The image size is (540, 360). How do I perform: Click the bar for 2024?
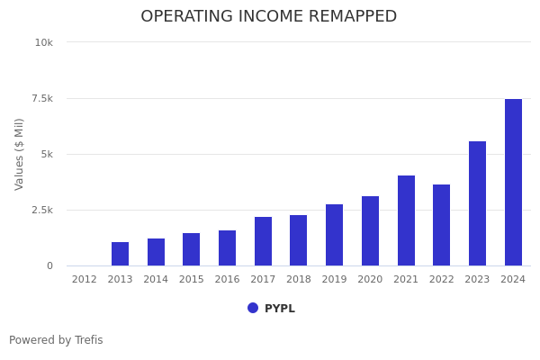coord(513,183)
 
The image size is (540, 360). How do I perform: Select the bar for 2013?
coord(120,254)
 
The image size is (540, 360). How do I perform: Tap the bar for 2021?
coord(406,220)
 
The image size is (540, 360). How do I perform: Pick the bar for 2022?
coord(441,225)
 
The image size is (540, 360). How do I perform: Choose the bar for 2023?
coord(477,203)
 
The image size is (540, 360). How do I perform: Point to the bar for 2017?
coord(263,241)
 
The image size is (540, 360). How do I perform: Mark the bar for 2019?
coord(334,235)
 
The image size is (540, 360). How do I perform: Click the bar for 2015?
coord(192,249)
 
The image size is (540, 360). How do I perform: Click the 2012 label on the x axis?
coord(85,280)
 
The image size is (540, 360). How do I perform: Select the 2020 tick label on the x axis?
coord(370,280)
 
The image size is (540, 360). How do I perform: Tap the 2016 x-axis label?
coord(227,280)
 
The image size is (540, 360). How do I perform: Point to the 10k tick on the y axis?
coord(44,42)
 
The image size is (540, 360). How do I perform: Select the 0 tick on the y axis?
coord(49,265)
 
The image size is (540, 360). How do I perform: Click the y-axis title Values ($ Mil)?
coord(20,154)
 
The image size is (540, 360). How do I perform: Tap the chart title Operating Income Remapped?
coord(268,17)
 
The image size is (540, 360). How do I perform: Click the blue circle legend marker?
coord(253,308)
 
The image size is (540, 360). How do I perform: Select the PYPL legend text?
coord(279,309)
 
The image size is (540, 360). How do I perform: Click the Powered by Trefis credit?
coord(56,340)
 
